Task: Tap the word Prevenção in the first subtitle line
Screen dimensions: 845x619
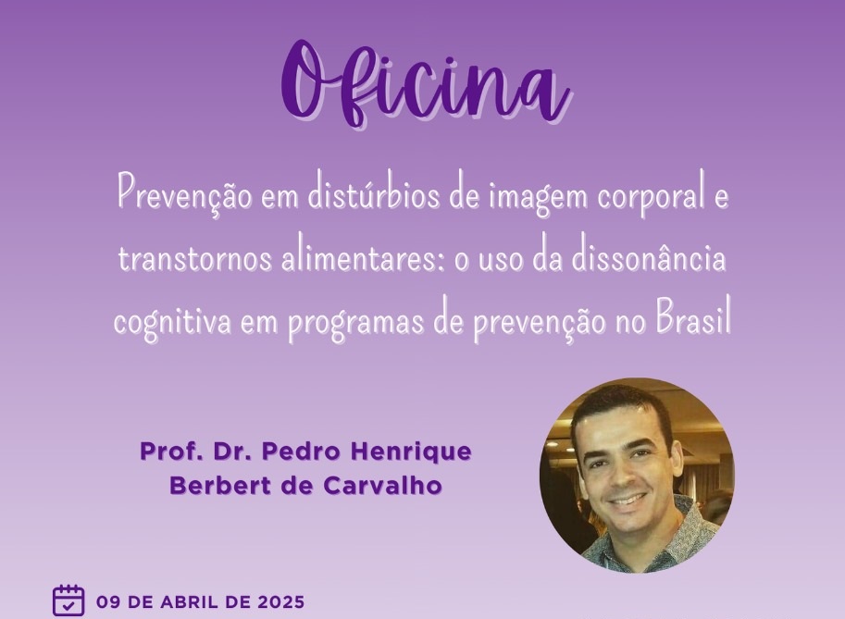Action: [184, 194]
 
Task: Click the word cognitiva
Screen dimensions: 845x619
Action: [172, 321]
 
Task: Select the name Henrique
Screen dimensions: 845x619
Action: [411, 452]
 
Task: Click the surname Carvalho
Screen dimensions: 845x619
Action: [382, 486]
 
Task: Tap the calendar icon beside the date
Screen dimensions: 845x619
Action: [68, 600]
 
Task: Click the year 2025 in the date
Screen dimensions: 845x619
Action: [280, 601]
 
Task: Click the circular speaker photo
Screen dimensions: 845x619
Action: [637, 475]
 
